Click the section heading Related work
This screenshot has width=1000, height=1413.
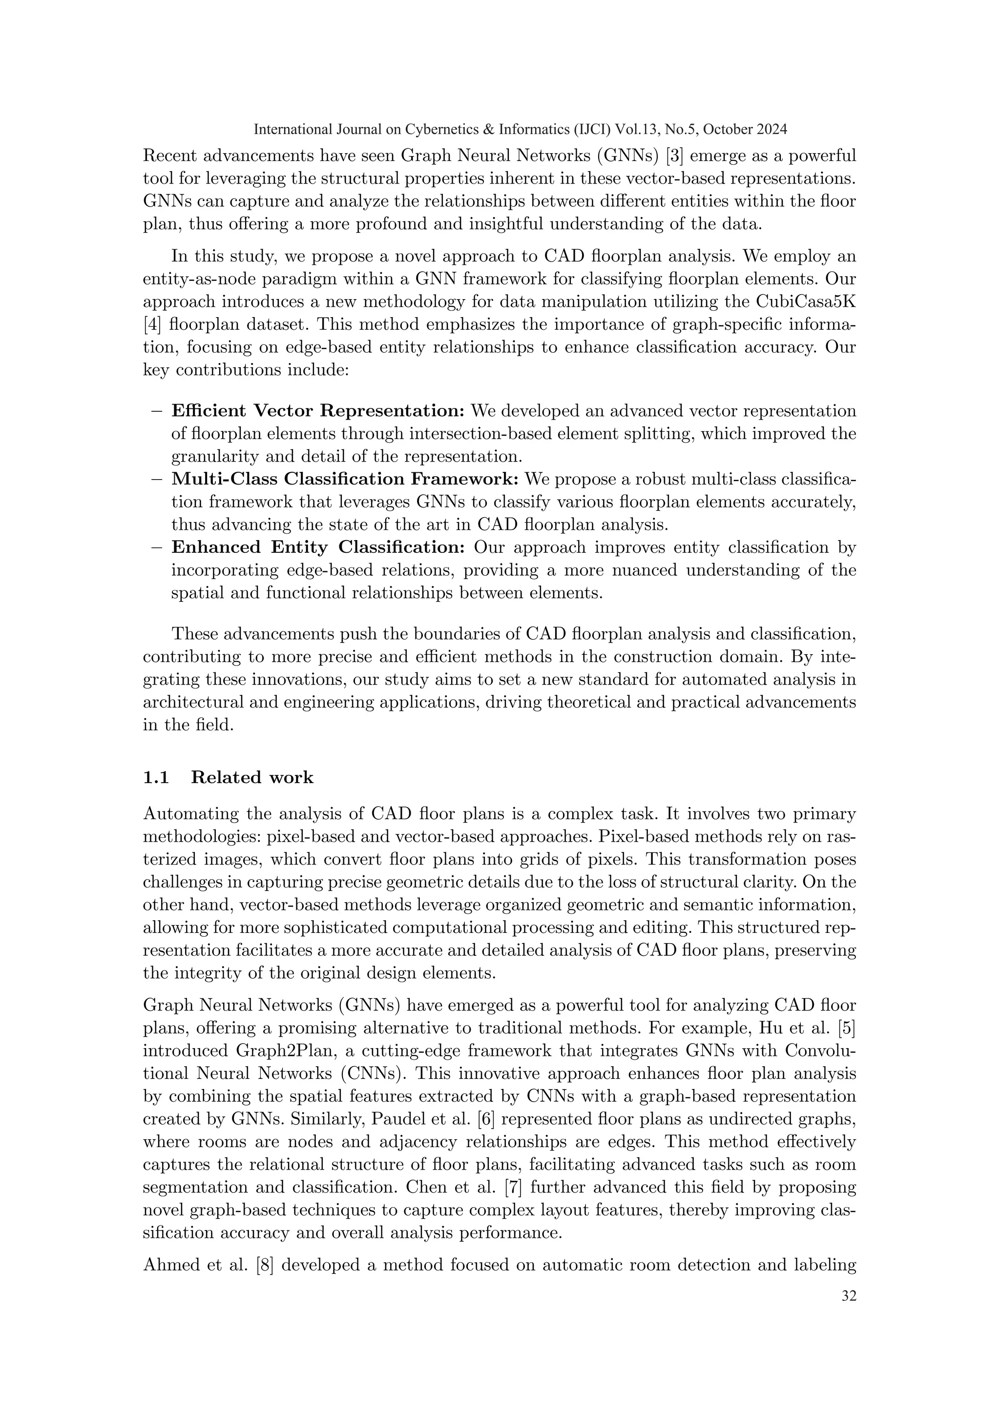252,778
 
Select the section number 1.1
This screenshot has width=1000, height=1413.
156,778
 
